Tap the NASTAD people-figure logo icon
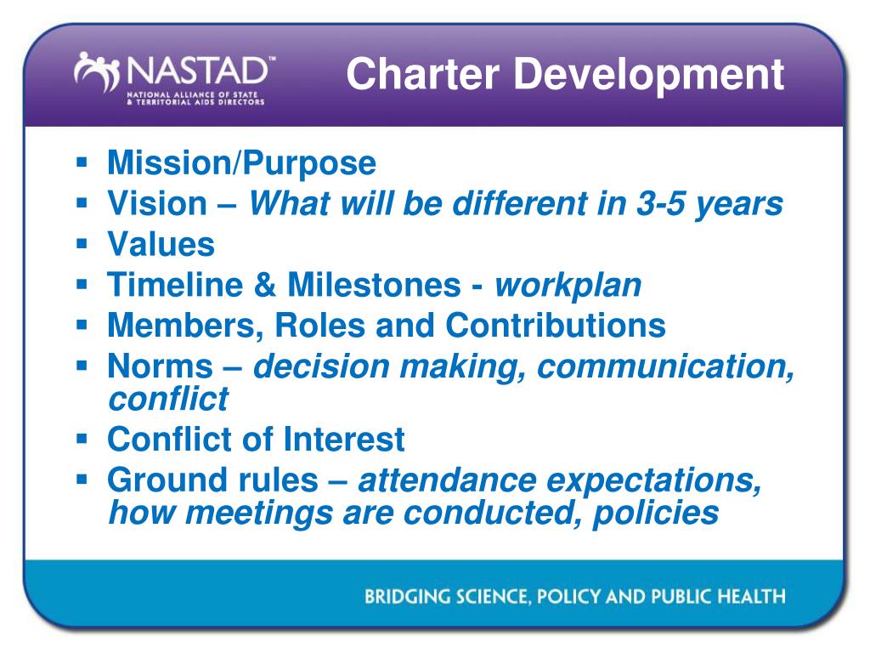[97, 71]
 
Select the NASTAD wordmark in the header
[199, 71]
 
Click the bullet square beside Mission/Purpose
[82, 162]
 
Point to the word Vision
[157, 203]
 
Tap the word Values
[161, 244]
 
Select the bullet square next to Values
[82, 244]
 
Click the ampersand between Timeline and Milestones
[265, 285]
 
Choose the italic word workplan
[568, 287]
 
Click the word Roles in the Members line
[320, 326]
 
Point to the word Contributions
[556, 326]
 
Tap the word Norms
[161, 366]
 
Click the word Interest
[344, 440]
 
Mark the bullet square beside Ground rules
[82, 480]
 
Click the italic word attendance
[447, 480]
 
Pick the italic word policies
[656, 514]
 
